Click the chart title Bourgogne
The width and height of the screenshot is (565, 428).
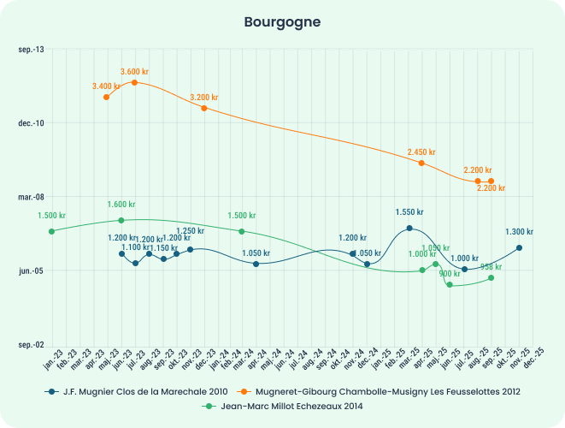(282, 21)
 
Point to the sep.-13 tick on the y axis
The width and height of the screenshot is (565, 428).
(32, 50)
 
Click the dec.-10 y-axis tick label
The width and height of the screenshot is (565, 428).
(31, 123)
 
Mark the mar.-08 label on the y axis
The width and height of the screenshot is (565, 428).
(31, 197)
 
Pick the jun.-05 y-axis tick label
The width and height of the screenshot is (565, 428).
(32, 270)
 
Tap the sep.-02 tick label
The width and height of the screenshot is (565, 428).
(31, 344)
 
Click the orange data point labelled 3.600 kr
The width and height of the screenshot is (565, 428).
(135, 82)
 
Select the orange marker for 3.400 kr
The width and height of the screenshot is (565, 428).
(106, 97)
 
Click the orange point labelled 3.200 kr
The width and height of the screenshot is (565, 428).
(204, 108)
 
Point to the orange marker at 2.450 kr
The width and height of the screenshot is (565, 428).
(421, 163)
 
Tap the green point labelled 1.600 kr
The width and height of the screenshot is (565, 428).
(121, 220)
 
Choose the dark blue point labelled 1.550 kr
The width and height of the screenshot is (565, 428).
(409, 228)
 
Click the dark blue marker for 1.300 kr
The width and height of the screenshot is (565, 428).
(520, 248)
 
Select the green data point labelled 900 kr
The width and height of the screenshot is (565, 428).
(450, 284)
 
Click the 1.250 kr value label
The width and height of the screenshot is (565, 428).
(190, 231)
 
